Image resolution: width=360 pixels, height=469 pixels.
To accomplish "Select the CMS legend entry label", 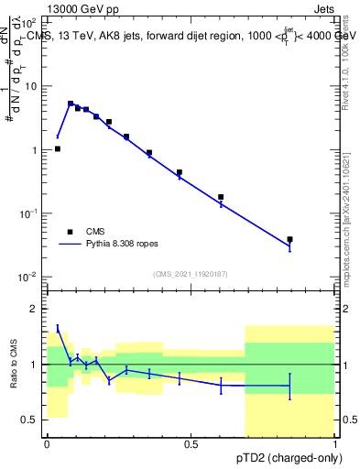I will pyautogui.click(x=95, y=232).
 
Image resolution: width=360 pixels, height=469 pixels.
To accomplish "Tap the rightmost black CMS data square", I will pyautogui.click(x=289, y=239).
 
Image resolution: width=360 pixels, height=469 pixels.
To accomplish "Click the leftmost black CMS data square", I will pyautogui.click(x=58, y=148).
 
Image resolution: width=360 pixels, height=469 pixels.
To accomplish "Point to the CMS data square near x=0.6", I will pyautogui.click(x=221, y=197).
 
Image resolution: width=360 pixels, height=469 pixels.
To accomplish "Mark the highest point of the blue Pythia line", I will pyautogui.click(x=71, y=104).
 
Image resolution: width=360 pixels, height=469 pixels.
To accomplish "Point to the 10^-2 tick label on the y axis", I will pyautogui.click(x=29, y=277).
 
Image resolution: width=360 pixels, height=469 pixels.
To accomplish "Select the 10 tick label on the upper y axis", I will pyautogui.click(x=32, y=86).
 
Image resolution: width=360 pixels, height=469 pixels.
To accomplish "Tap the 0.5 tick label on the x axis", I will pyautogui.click(x=191, y=444).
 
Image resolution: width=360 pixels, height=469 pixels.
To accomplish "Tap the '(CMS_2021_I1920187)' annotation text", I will pyautogui.click(x=191, y=274).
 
